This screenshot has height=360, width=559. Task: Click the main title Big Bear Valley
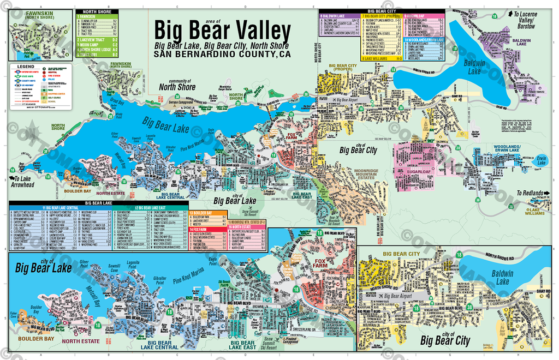click(222, 31)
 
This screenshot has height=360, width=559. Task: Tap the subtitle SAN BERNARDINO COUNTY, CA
click(222, 55)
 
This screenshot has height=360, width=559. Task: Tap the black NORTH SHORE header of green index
click(97, 11)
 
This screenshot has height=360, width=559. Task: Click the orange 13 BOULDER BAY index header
click(208, 212)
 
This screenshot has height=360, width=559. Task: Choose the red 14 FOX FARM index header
click(208, 231)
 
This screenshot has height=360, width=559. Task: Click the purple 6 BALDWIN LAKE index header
click(338, 17)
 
